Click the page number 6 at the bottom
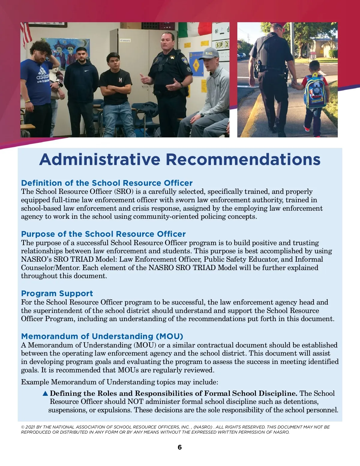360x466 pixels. click(x=180, y=447)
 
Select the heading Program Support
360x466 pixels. click(x=57, y=293)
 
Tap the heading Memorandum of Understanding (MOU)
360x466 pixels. click(x=102, y=336)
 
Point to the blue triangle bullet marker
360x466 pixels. click(x=45, y=393)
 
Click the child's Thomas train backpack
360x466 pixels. click(x=316, y=92)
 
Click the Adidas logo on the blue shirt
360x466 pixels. click(x=43, y=77)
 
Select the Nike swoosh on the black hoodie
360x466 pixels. click(x=86, y=71)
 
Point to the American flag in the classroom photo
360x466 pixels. click(x=26, y=35)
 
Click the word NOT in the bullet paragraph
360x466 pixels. click(x=136, y=401)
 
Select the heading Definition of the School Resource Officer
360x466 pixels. click(x=107, y=183)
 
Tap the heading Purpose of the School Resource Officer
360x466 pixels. click(x=103, y=234)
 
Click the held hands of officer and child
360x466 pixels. click(x=294, y=82)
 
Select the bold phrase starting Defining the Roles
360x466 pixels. click(x=173, y=393)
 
